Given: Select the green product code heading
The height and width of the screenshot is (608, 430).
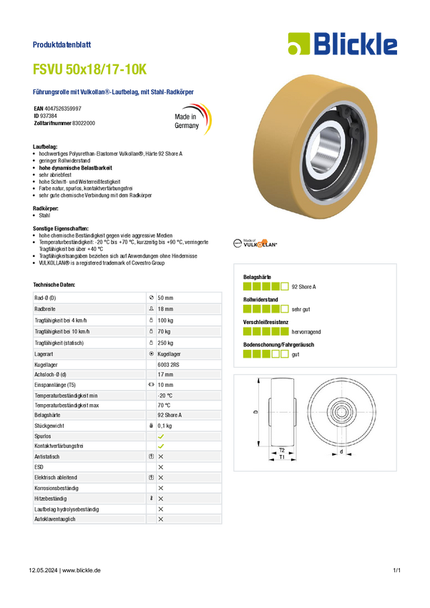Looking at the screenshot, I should point(90,69).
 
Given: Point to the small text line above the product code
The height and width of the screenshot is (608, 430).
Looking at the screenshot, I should point(63,44).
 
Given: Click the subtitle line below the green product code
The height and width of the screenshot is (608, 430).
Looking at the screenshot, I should point(115,92).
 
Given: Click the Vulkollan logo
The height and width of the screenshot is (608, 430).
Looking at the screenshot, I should point(255,244).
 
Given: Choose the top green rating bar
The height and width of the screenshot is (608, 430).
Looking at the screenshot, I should point(265,287).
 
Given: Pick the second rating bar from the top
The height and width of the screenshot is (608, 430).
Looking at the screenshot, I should point(265,309).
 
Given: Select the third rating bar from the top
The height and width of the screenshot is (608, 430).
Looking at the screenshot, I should point(265,331).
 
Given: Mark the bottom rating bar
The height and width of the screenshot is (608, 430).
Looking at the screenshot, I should point(265,353).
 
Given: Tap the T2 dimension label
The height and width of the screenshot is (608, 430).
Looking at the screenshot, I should point(282,450).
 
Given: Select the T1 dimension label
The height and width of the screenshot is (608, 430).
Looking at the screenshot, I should point(282,458).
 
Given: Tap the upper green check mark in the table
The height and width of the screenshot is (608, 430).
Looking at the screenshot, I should point(161,435).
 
